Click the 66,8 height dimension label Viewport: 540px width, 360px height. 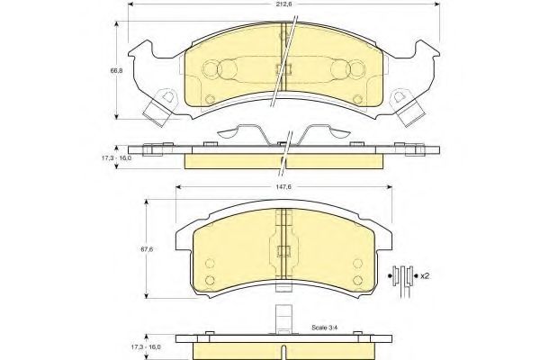pyautogui.click(x=116, y=70)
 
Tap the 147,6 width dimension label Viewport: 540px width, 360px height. pyautogui.click(x=283, y=186)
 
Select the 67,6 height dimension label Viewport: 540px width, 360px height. pyautogui.click(x=147, y=249)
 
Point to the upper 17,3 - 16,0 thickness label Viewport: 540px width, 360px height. pyautogui.click(x=116, y=158)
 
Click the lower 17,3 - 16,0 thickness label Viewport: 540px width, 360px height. pyautogui.click(x=145, y=347)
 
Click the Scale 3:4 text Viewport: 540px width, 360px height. pyautogui.click(x=324, y=328)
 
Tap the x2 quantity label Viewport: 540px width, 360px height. pyautogui.click(x=425, y=276)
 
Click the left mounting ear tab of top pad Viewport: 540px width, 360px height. pyautogui.click(x=159, y=108)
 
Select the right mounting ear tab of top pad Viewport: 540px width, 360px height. pyautogui.click(x=408, y=108)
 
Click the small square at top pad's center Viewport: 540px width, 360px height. pyautogui.click(x=284, y=69)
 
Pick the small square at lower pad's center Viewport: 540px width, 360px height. pyautogui.click(x=284, y=251)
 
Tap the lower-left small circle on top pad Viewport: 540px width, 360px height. pyautogui.click(x=210, y=100)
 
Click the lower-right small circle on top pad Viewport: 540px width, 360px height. pyautogui.click(x=358, y=100)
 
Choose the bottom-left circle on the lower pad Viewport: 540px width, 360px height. pyautogui.click(x=210, y=280)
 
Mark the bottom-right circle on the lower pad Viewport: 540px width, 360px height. pyautogui.click(x=358, y=280)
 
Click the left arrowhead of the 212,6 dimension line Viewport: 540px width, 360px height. pyautogui.click(x=131, y=4)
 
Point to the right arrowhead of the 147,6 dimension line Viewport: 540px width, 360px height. pyautogui.click(x=389, y=187)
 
